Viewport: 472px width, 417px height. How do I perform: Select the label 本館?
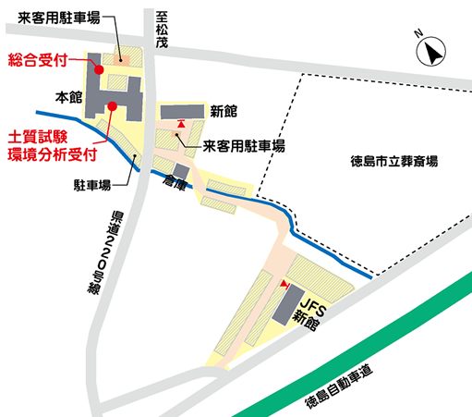[69, 96]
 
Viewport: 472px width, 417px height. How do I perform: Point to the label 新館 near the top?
[224, 112]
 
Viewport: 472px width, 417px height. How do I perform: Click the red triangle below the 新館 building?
[182, 122]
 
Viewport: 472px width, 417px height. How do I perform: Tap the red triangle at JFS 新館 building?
[284, 283]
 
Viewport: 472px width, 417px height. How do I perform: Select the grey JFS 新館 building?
[285, 306]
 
